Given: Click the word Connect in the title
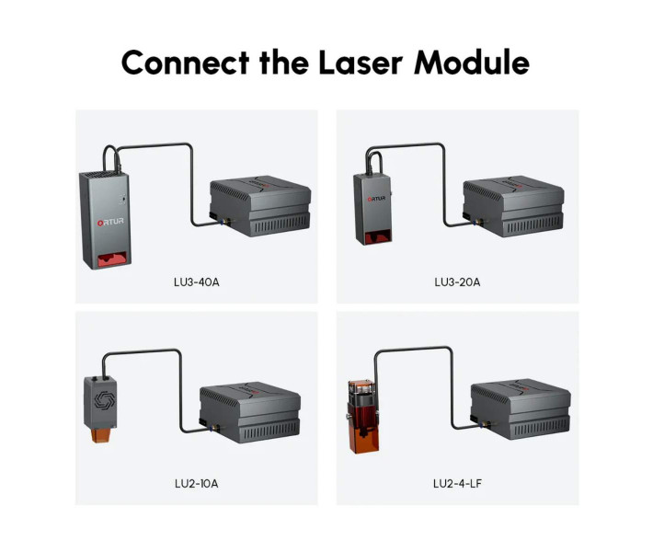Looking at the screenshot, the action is [185, 63].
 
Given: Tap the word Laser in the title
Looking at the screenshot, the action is [361, 63].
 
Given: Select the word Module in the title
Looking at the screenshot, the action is [472, 63].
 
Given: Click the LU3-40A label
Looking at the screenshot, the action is [197, 282].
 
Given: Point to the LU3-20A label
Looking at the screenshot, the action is [457, 282].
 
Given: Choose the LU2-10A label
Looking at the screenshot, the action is [197, 484].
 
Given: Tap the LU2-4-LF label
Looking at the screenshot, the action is [457, 484].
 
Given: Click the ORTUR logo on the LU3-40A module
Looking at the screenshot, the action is [110, 222].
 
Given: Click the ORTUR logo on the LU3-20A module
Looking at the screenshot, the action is [376, 199].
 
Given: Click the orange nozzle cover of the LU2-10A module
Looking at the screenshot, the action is [100, 435].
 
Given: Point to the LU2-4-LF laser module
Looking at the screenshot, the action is [363, 416].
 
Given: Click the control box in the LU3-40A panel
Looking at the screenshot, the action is [260, 206].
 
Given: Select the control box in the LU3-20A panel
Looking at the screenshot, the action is [513, 207].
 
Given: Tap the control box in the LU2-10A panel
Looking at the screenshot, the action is [250, 413].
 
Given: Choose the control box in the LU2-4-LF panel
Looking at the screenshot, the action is [521, 408].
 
